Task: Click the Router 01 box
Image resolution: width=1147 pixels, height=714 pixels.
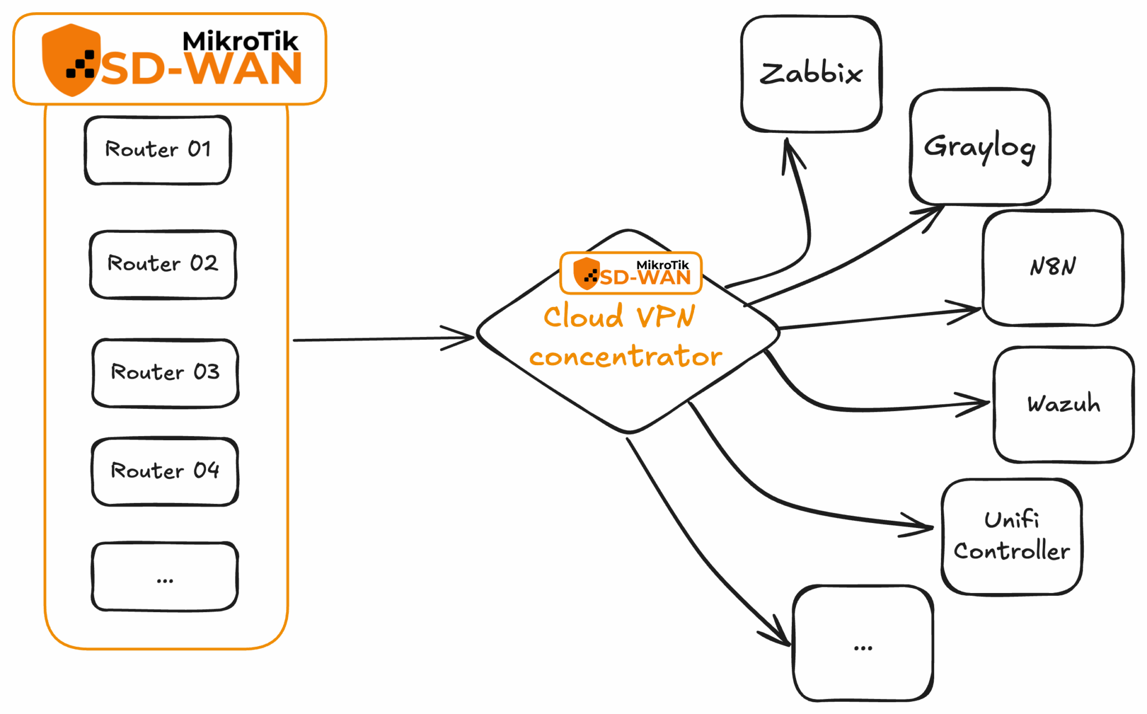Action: pos(157,150)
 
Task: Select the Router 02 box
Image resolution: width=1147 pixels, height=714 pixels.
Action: pos(162,264)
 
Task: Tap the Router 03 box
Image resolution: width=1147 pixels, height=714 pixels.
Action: pos(165,372)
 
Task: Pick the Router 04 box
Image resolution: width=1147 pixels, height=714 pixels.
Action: pos(165,471)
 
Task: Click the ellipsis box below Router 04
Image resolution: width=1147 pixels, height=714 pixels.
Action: pos(165,577)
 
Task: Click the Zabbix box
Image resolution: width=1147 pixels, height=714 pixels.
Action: pos(811,74)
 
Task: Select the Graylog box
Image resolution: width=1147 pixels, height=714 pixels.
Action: pos(980,147)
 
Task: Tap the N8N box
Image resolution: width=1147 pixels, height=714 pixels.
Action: pos(1053,267)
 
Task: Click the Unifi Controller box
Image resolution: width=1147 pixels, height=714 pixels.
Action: pos(1011,536)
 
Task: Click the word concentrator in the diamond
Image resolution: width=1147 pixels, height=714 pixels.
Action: pos(626,357)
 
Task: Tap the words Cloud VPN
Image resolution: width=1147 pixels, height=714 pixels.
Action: pos(619,316)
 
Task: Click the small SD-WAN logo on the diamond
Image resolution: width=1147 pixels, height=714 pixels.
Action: pos(631,273)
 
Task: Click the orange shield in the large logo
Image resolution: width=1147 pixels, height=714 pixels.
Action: pos(71,59)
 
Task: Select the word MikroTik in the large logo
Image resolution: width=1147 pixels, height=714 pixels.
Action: pos(240,41)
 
